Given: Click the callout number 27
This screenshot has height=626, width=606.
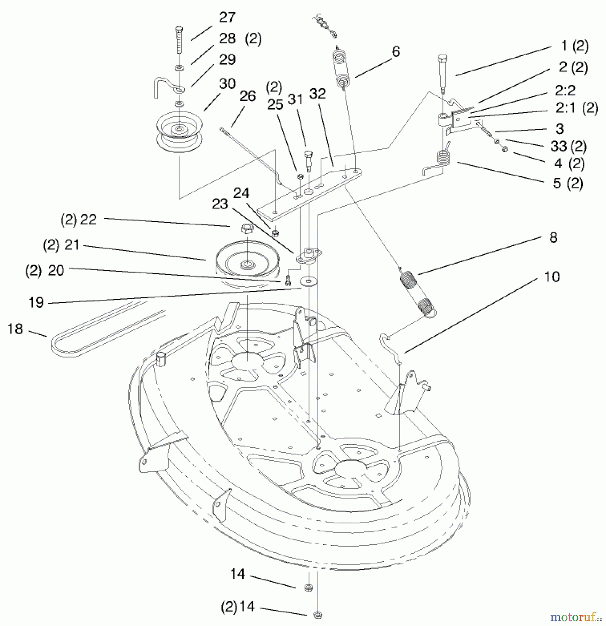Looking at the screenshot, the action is click(x=227, y=17).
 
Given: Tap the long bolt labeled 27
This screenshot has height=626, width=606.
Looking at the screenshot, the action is click(x=180, y=40).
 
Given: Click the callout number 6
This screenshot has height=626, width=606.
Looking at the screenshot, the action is click(x=396, y=51).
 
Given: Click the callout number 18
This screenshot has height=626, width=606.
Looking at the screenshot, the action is click(x=15, y=329).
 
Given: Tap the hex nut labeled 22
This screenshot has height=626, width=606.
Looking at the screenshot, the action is click(x=247, y=230).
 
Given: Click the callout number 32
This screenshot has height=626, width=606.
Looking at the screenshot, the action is click(x=317, y=94).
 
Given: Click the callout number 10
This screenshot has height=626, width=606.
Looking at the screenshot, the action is click(x=552, y=277).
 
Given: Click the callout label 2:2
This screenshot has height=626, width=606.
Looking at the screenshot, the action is click(x=565, y=90).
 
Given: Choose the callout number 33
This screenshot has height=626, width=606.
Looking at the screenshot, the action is click(x=559, y=146).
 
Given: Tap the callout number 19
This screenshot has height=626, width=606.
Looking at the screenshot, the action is click(x=36, y=302).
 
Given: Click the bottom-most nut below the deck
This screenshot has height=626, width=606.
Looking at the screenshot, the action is click(x=317, y=615).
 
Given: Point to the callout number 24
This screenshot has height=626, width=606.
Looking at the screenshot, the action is click(x=241, y=193).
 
